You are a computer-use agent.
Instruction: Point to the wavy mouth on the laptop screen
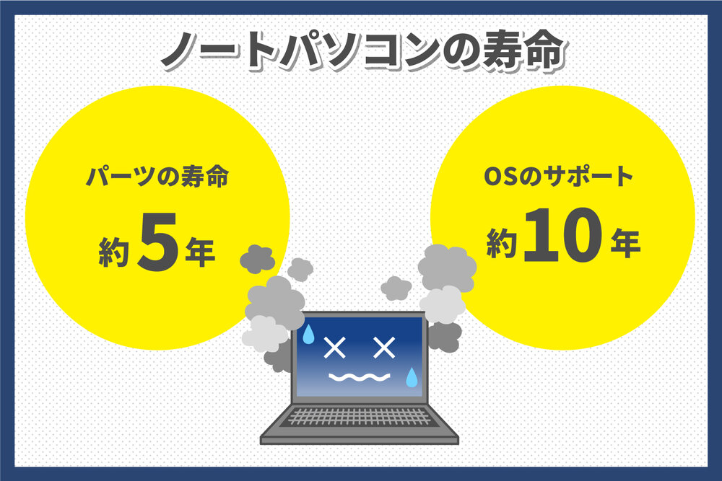(359, 377)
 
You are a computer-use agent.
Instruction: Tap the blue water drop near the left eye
(308, 333)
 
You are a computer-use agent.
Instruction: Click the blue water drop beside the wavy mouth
(412, 376)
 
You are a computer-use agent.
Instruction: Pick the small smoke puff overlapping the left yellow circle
(257, 257)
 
